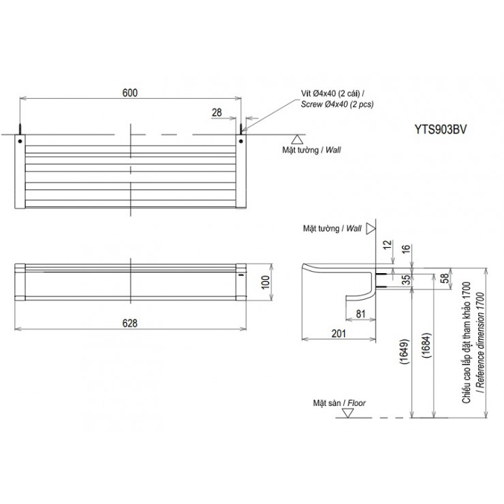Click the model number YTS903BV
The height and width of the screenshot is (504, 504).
tap(440, 129)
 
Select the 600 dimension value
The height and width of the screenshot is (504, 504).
tap(130, 93)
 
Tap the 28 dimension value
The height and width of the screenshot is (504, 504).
tap(217, 112)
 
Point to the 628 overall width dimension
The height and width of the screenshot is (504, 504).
tap(130, 323)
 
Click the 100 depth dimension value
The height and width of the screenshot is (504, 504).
tap(266, 282)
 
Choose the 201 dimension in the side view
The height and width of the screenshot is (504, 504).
tap(338, 334)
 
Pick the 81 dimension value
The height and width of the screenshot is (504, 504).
tap(361, 314)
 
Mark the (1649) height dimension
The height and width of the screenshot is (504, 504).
tap(405, 351)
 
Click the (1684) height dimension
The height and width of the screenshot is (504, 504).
tap(426, 345)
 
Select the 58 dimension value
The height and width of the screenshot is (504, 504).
tap(444, 279)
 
